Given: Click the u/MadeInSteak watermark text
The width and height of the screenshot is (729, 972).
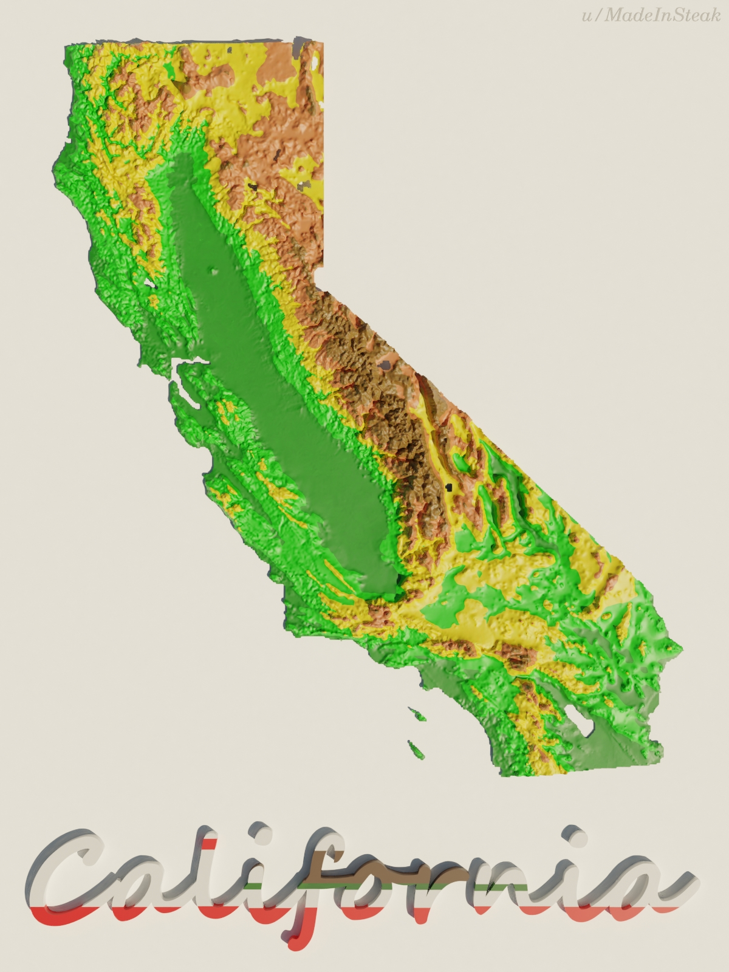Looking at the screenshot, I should [x=651, y=15].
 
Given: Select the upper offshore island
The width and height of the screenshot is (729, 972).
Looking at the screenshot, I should [x=416, y=713].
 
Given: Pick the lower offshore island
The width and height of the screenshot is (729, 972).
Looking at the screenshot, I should [x=416, y=750].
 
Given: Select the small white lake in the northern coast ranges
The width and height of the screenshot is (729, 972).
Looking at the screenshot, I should [x=149, y=282].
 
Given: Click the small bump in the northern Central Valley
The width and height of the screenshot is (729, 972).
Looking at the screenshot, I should [x=213, y=272].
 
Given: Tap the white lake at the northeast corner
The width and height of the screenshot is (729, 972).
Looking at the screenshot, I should [x=316, y=61].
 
